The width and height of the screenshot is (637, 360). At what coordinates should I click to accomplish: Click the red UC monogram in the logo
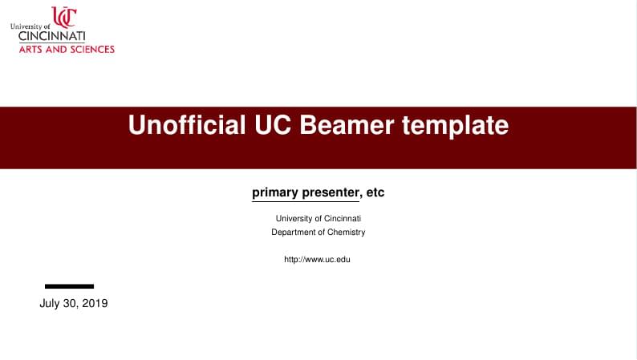tap(64, 17)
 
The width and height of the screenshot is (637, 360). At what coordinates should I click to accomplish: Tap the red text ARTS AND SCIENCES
tap(67, 49)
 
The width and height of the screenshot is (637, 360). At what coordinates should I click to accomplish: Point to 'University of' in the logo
tap(30, 26)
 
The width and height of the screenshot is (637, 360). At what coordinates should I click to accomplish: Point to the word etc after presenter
tap(375, 192)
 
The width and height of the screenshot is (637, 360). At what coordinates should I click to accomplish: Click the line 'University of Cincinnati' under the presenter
tap(318, 218)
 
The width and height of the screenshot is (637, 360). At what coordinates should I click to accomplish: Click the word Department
tap(294, 233)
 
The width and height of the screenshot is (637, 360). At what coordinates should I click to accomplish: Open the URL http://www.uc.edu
tap(318, 259)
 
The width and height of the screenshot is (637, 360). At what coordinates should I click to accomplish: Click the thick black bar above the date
tap(69, 286)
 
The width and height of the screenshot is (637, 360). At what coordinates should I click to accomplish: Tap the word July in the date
tap(50, 304)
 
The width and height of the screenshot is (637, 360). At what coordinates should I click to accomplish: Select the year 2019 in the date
tap(94, 304)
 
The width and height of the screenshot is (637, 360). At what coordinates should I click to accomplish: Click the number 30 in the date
tap(71, 304)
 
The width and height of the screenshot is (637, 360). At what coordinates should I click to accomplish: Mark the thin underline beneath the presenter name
tap(306, 201)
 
